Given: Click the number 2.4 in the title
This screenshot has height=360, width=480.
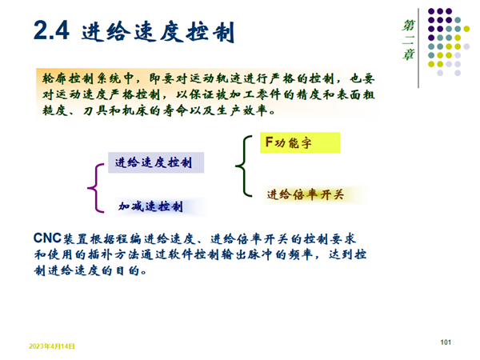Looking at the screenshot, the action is pos(51,30).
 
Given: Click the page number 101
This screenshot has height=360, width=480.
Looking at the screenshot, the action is pos(446,342).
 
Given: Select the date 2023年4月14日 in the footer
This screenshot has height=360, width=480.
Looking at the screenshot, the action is pos(52,346).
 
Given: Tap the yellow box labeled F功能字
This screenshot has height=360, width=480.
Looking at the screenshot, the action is pos(300,142).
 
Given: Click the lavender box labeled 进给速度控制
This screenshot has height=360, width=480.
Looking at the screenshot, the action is pos(156,162).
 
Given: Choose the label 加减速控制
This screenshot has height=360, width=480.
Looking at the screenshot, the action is pos(150,206).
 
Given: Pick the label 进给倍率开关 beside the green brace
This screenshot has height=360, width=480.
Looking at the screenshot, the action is pos(306,194).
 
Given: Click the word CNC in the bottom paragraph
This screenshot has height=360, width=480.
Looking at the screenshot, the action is pos(47,238).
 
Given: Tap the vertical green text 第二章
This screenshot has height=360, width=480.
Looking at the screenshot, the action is pos(408,40).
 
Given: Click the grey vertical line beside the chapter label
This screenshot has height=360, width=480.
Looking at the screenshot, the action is pos(418,48).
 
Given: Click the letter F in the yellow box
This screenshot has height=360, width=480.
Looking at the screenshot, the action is pos(269,142).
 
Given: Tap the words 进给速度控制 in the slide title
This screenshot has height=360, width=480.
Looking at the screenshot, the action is pos(158,31).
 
